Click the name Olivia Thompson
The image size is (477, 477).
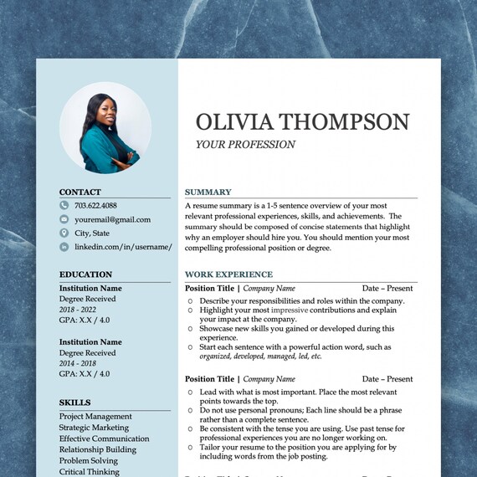tap(302, 121)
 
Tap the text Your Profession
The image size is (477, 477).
tap(245, 145)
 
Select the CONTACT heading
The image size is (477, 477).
tap(79, 192)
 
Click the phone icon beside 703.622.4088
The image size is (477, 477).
tap(64, 205)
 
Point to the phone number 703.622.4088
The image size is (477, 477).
tap(95, 205)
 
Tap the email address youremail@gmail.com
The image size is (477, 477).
tap(112, 219)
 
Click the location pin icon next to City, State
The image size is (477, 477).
tap(64, 233)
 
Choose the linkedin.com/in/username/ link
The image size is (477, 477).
tap(122, 247)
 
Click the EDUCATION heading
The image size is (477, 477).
tap(85, 274)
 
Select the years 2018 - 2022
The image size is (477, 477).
tap(79, 309)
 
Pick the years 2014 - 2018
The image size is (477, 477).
tap(79, 362)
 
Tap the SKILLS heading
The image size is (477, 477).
tap(74, 403)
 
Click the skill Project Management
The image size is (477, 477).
tap(95, 416)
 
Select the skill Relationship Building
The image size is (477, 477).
tap(97, 449)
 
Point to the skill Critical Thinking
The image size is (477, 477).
tap(89, 471)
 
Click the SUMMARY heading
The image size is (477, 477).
tap(208, 192)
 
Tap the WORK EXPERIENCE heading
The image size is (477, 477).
tap(228, 274)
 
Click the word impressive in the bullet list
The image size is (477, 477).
tap(290, 310)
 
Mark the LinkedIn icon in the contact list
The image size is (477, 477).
tap(64, 247)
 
